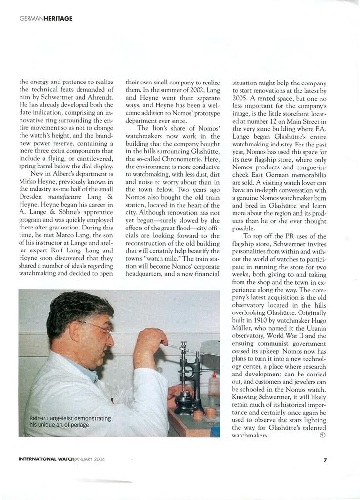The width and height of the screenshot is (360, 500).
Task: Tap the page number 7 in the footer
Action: click(x=325, y=459)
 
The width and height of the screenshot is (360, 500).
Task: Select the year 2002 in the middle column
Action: click(x=195, y=90)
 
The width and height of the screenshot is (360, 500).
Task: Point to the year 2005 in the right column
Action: click(x=241, y=98)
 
